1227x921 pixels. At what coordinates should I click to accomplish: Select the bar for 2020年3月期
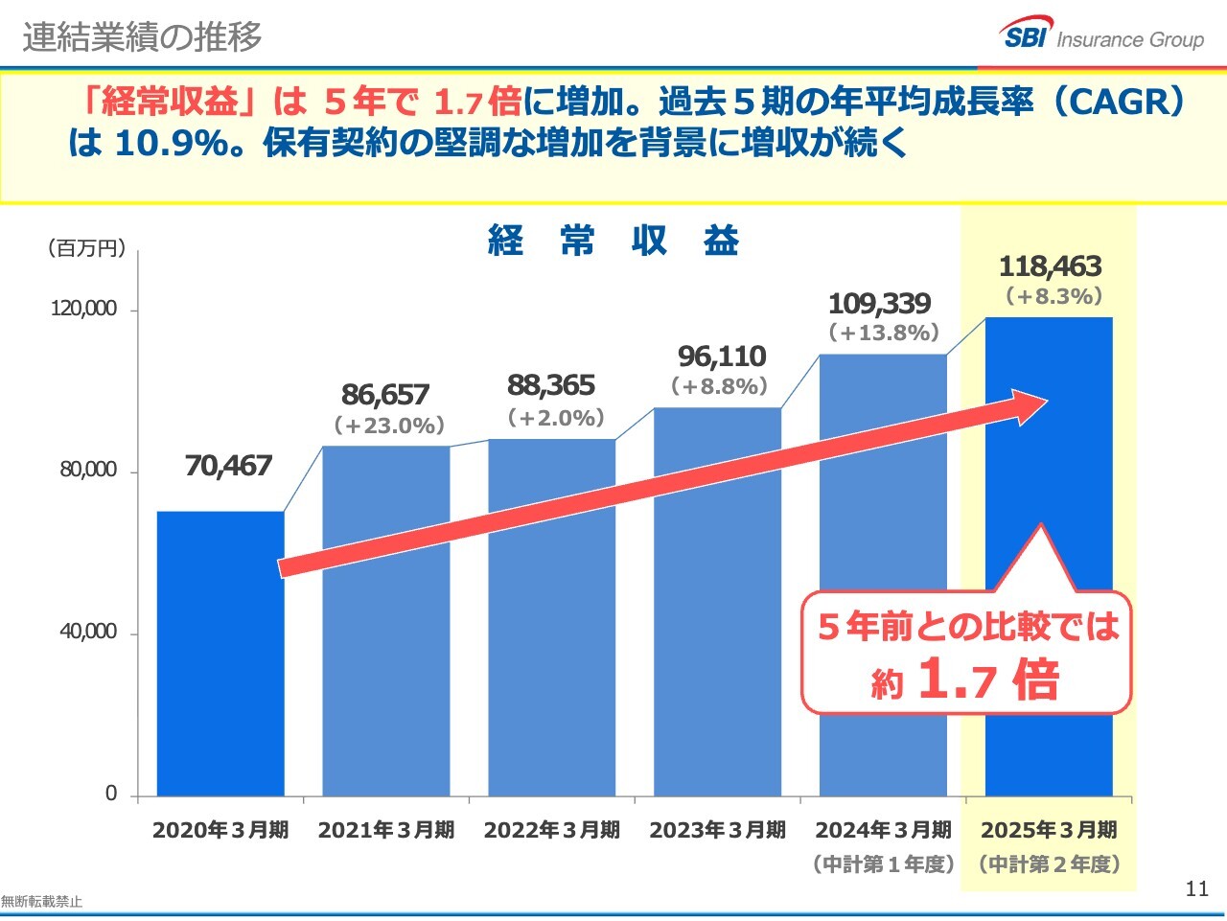[220, 671]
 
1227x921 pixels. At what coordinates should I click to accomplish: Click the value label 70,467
[228, 467]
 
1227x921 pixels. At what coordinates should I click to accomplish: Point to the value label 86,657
[385, 395]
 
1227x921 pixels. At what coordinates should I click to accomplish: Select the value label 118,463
[1050, 266]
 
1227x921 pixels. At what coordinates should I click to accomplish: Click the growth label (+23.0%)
[389, 426]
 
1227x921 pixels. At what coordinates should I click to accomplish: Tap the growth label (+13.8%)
[883, 334]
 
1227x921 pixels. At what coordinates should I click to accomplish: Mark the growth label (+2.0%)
[555, 418]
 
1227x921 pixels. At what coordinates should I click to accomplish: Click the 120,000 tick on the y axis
[83, 309]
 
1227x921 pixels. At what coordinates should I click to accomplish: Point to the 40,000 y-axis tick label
[87, 632]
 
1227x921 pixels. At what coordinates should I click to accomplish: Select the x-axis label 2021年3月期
[386, 830]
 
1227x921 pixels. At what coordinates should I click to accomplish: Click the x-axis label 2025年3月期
[1049, 830]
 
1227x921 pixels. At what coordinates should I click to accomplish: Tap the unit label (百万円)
[86, 249]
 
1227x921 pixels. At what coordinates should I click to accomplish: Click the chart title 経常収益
[613, 241]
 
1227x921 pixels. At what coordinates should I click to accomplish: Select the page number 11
[1197, 888]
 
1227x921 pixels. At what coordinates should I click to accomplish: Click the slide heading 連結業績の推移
[142, 36]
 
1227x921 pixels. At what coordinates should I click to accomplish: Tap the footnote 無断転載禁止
[41, 902]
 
